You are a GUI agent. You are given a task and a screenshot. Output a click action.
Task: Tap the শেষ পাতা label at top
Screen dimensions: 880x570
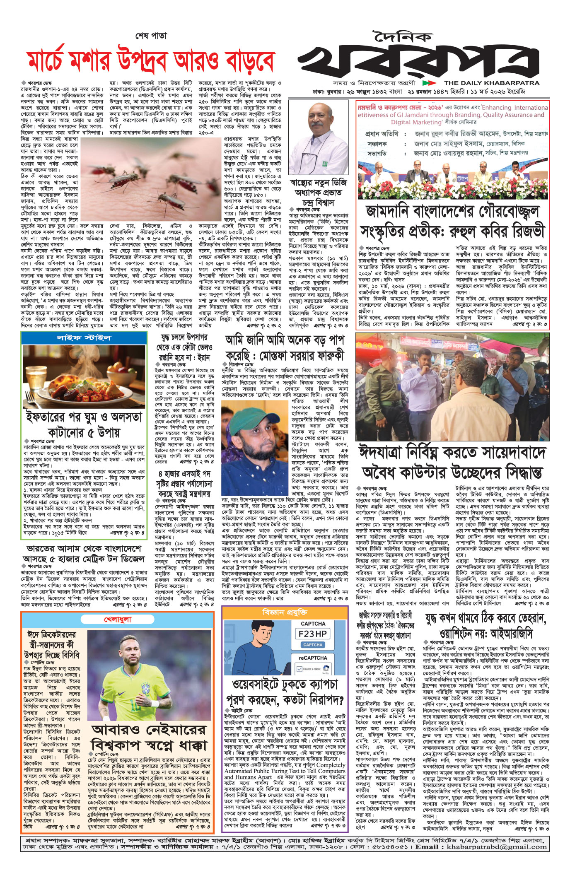point(151,36)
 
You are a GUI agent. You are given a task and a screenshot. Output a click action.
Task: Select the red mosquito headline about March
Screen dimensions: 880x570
point(151,61)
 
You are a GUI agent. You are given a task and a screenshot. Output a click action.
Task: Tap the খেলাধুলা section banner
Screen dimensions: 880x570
point(118,620)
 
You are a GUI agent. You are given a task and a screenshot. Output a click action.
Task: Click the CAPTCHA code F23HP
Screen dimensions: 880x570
point(313,634)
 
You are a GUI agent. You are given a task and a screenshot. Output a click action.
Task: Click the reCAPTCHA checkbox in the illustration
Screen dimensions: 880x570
point(300,669)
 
